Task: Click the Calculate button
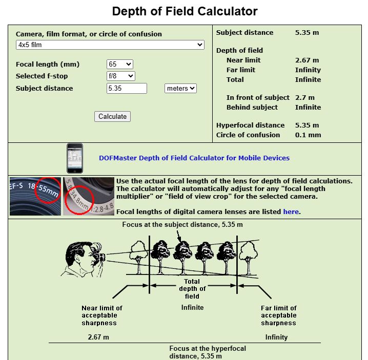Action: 113,116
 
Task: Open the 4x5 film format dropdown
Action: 110,45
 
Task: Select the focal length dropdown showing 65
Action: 120,64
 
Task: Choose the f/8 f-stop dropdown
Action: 121,76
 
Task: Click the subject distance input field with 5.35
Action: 127,88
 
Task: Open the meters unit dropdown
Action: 180,88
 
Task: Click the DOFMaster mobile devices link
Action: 194,158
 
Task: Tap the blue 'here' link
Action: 291,211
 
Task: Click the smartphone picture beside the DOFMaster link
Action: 75,158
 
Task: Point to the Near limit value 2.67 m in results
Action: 307,60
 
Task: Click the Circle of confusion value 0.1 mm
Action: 308,135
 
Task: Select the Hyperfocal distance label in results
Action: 250,125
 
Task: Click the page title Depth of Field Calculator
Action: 185,11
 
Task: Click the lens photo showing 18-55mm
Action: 35,196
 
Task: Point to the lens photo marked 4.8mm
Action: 88,196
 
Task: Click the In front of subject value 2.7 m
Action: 305,98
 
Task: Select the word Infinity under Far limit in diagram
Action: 276,337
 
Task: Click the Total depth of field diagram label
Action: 192,289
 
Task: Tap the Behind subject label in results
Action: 252,108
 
